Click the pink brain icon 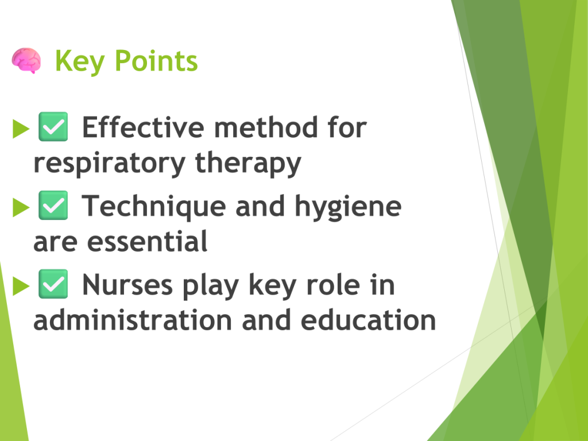point(26,60)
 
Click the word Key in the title point(79,62)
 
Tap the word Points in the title point(156,60)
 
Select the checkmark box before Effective point(53,126)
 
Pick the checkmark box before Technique point(53,205)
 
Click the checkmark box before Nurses point(53,284)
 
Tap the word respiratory point(109,164)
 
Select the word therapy point(248,164)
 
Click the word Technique point(154,207)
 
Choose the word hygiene point(348,207)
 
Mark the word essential point(147,241)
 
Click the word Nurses point(127,285)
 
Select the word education point(368,320)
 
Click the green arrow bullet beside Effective point(21,129)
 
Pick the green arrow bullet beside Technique point(21,207)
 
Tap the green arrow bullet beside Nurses point(21,286)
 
